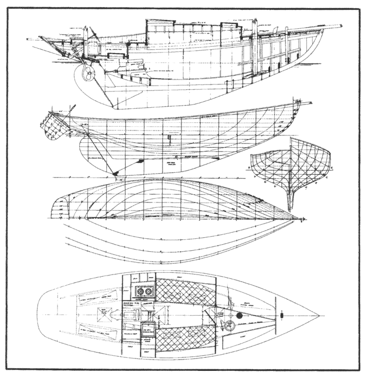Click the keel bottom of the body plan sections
[289, 208]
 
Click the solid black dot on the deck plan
[238, 316]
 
